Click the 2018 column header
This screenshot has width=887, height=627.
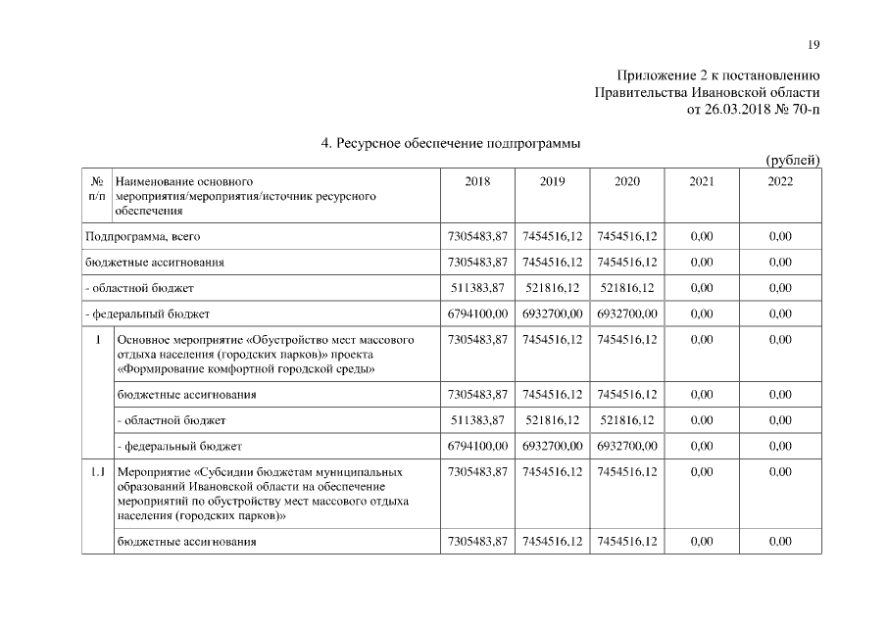[x=477, y=181]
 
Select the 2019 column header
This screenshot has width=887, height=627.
[x=553, y=181]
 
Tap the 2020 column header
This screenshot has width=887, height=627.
[x=627, y=181]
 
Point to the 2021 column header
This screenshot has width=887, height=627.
[x=702, y=181]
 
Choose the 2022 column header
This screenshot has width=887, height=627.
[x=780, y=181]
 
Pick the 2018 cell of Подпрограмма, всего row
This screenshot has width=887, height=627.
[x=477, y=236]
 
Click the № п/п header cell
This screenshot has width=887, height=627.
[x=97, y=189]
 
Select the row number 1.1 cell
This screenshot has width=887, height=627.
[x=97, y=472]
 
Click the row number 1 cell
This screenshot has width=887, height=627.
[x=97, y=340]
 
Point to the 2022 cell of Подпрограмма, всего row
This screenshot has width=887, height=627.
[x=780, y=236]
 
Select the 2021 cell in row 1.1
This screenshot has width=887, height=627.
[x=702, y=472]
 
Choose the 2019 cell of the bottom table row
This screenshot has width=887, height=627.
[x=553, y=541]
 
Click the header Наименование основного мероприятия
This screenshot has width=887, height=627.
[x=184, y=181]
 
